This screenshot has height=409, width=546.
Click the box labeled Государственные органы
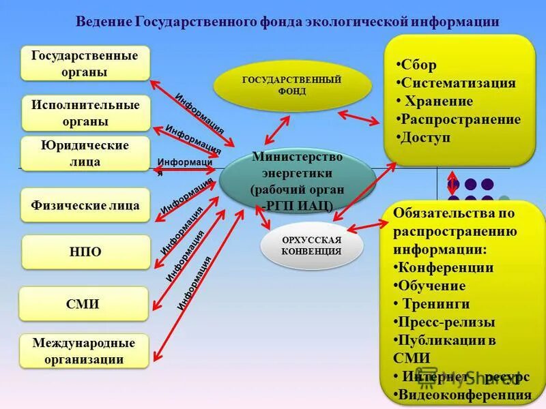(x=85, y=63)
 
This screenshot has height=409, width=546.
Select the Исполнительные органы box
(x=85, y=113)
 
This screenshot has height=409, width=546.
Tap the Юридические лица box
(x=85, y=154)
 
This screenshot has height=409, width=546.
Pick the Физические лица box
(x=85, y=205)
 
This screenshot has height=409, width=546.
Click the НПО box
(x=85, y=252)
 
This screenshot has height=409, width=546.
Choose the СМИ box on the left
(x=84, y=304)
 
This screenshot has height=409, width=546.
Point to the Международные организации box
(x=84, y=351)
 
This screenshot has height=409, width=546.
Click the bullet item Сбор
(x=418, y=65)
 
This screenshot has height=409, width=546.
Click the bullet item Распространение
(x=460, y=120)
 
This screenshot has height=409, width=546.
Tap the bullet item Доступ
(x=425, y=138)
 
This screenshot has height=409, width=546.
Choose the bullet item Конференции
(x=445, y=267)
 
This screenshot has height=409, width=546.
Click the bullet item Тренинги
(x=435, y=304)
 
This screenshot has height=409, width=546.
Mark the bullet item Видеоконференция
(x=464, y=394)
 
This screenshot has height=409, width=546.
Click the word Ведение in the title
(x=104, y=22)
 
